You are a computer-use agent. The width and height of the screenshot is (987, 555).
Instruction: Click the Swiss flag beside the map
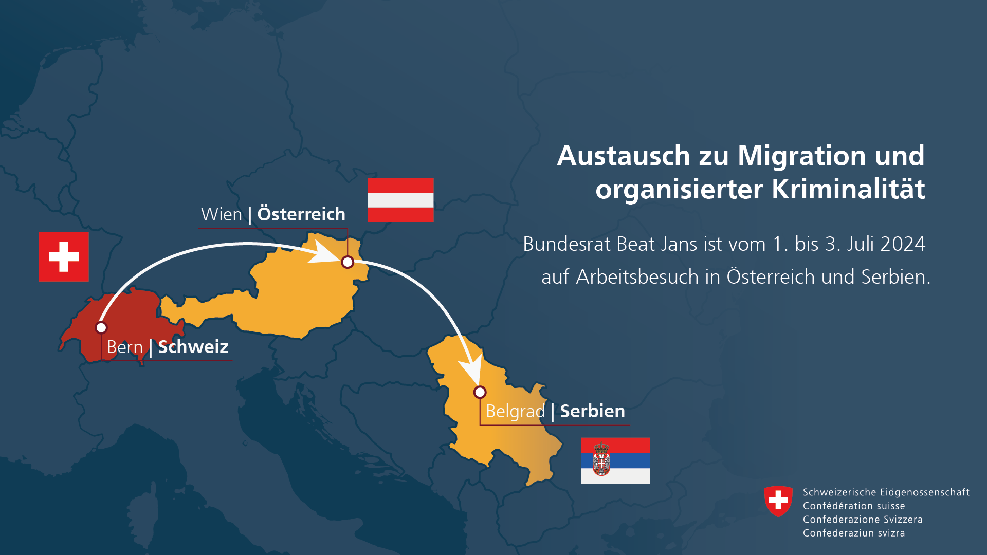64,256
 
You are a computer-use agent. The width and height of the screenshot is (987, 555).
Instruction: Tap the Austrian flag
400,200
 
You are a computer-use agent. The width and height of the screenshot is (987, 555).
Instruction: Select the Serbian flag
615,460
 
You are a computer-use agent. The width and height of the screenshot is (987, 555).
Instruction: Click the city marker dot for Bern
101,327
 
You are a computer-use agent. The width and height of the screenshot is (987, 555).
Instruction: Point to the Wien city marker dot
348,262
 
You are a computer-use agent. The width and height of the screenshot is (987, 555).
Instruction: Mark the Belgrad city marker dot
480,392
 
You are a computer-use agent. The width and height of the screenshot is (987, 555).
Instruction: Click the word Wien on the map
222,214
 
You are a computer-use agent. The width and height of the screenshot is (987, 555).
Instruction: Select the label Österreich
301,214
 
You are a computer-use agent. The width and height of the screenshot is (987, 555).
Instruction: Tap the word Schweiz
193,347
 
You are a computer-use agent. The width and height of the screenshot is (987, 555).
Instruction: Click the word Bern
125,347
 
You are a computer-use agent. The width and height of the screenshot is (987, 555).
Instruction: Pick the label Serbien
592,411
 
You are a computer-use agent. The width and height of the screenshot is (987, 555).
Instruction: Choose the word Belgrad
515,412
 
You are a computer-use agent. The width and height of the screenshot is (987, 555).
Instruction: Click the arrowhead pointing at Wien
323,252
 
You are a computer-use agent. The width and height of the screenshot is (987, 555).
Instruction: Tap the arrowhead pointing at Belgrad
471,368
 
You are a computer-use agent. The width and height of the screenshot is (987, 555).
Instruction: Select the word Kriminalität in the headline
848,189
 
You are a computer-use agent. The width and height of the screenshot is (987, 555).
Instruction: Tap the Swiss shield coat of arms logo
778,501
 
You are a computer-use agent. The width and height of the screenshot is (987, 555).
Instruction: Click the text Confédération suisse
854,506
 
